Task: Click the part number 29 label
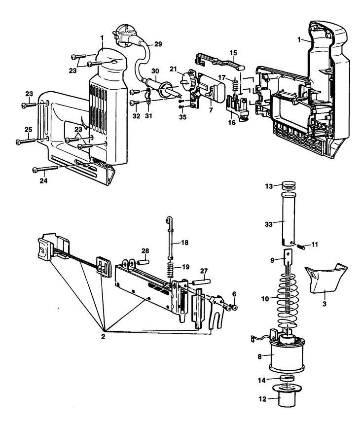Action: [158, 44]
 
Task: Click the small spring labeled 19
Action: [170, 271]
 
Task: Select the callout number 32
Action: [136, 117]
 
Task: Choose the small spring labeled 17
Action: [236, 84]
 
